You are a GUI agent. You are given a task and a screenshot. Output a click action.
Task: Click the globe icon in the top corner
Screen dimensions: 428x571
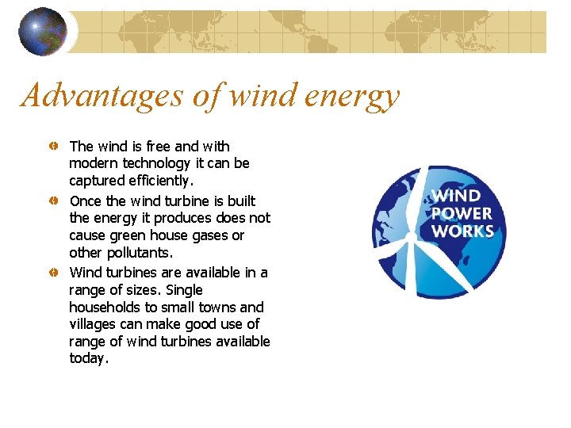point(43,32)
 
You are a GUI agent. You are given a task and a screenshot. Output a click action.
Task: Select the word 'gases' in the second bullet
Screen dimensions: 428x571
point(209,236)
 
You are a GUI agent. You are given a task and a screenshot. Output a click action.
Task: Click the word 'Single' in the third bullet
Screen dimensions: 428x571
point(185,290)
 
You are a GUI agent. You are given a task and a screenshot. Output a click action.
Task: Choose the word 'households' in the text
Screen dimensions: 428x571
point(104,308)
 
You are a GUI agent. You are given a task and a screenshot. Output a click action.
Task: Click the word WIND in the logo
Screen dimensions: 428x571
point(457,196)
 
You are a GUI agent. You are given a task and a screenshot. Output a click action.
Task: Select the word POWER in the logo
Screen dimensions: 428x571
point(462,214)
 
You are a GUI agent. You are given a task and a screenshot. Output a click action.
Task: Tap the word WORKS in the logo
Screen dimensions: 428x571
point(462,231)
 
